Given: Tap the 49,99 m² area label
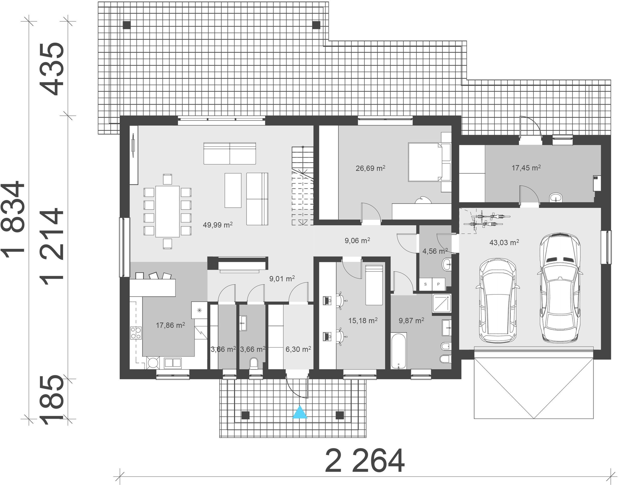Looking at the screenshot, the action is click(x=218, y=225).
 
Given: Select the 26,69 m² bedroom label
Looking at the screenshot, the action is click(x=370, y=168).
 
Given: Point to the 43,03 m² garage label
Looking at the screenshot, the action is click(x=504, y=242).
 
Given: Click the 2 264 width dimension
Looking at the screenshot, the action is click(x=365, y=461).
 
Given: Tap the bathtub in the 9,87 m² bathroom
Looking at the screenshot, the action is click(x=399, y=351).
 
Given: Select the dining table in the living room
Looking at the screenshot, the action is click(x=168, y=211).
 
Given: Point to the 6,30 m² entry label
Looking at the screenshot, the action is click(x=298, y=349).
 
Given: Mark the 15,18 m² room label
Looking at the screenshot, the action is click(x=363, y=321).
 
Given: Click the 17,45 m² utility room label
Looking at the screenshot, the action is click(x=526, y=168).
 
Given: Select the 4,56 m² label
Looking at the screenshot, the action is click(x=435, y=251).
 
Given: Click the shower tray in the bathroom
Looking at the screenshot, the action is click(x=442, y=304).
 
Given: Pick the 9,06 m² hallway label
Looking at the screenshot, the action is click(x=357, y=241).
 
